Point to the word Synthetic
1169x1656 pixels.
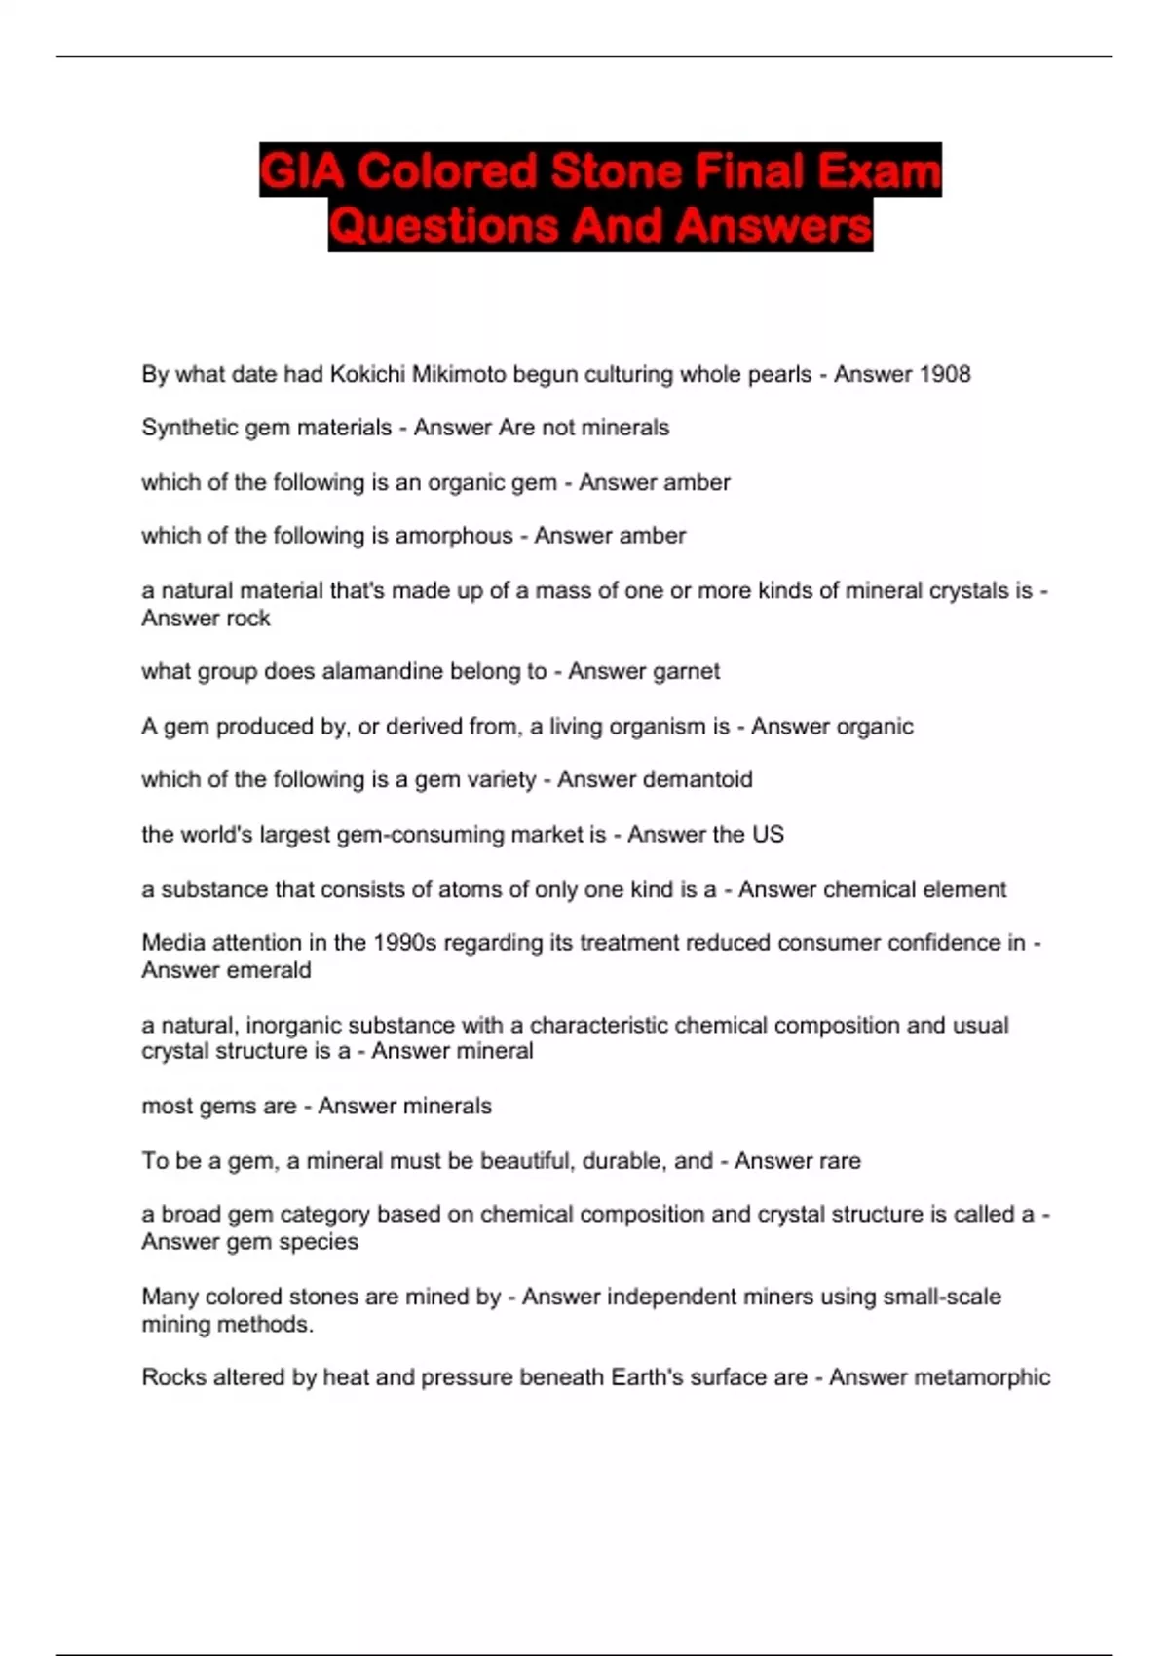(183, 428)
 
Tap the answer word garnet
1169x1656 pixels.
(682, 671)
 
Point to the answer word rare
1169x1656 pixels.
(839, 1161)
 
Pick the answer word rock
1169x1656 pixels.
(248, 619)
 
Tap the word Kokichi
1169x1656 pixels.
(367, 374)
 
